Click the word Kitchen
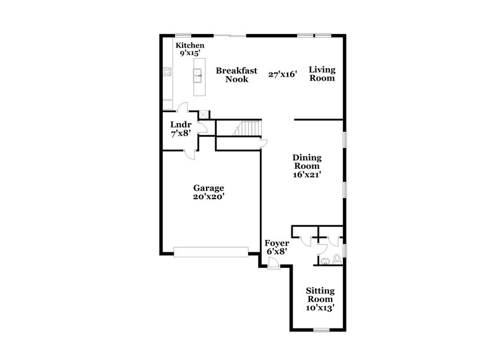[x=190, y=46]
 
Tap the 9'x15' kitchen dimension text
[x=190, y=54]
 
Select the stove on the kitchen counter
[x=166, y=71]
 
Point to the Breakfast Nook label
[x=236, y=75]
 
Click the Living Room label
[x=322, y=74]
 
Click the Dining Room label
[x=307, y=161]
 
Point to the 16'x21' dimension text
[x=307, y=174]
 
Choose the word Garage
[x=208, y=188]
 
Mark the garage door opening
[x=211, y=251]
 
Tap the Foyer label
[x=277, y=243]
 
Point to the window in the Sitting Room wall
[x=321, y=328]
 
